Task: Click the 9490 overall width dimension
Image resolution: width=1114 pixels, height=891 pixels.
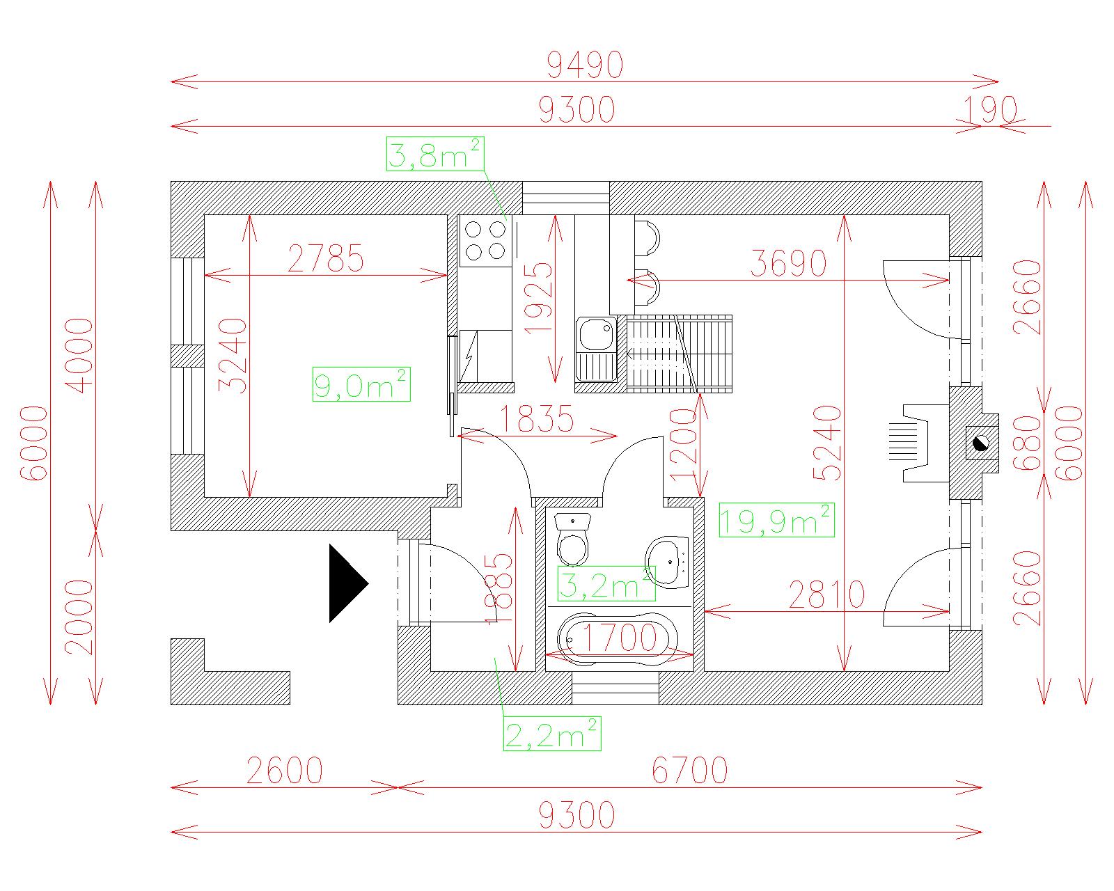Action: [x=585, y=65]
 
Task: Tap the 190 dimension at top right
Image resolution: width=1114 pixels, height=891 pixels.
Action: [x=990, y=110]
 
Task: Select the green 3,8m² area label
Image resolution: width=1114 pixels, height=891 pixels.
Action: [x=435, y=154]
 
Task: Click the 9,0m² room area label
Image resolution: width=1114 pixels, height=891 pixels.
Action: [x=361, y=384]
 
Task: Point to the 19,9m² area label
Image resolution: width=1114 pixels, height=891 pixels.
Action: [x=776, y=520]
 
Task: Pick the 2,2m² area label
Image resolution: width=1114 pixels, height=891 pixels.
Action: [x=552, y=734]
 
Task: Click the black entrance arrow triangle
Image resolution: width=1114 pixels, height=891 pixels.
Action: [x=348, y=583]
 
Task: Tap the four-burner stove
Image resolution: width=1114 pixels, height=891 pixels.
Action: [x=485, y=240]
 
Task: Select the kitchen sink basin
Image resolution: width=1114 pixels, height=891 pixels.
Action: [x=595, y=335]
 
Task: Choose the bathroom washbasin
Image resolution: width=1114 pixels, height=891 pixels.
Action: [x=667, y=562]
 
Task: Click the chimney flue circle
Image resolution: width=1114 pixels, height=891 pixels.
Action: [x=980, y=443]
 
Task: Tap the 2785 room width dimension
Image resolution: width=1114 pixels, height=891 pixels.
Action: [x=326, y=258]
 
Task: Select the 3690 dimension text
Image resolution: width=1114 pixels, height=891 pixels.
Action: [x=788, y=263]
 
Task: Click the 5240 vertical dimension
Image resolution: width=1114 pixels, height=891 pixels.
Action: [x=828, y=443]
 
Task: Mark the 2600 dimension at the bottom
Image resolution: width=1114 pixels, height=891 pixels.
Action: [x=284, y=771]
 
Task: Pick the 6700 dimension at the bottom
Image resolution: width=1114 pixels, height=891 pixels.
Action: [x=689, y=771]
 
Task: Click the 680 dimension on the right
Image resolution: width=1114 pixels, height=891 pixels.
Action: [x=1027, y=443]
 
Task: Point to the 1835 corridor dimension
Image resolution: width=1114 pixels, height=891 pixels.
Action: [x=538, y=418]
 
